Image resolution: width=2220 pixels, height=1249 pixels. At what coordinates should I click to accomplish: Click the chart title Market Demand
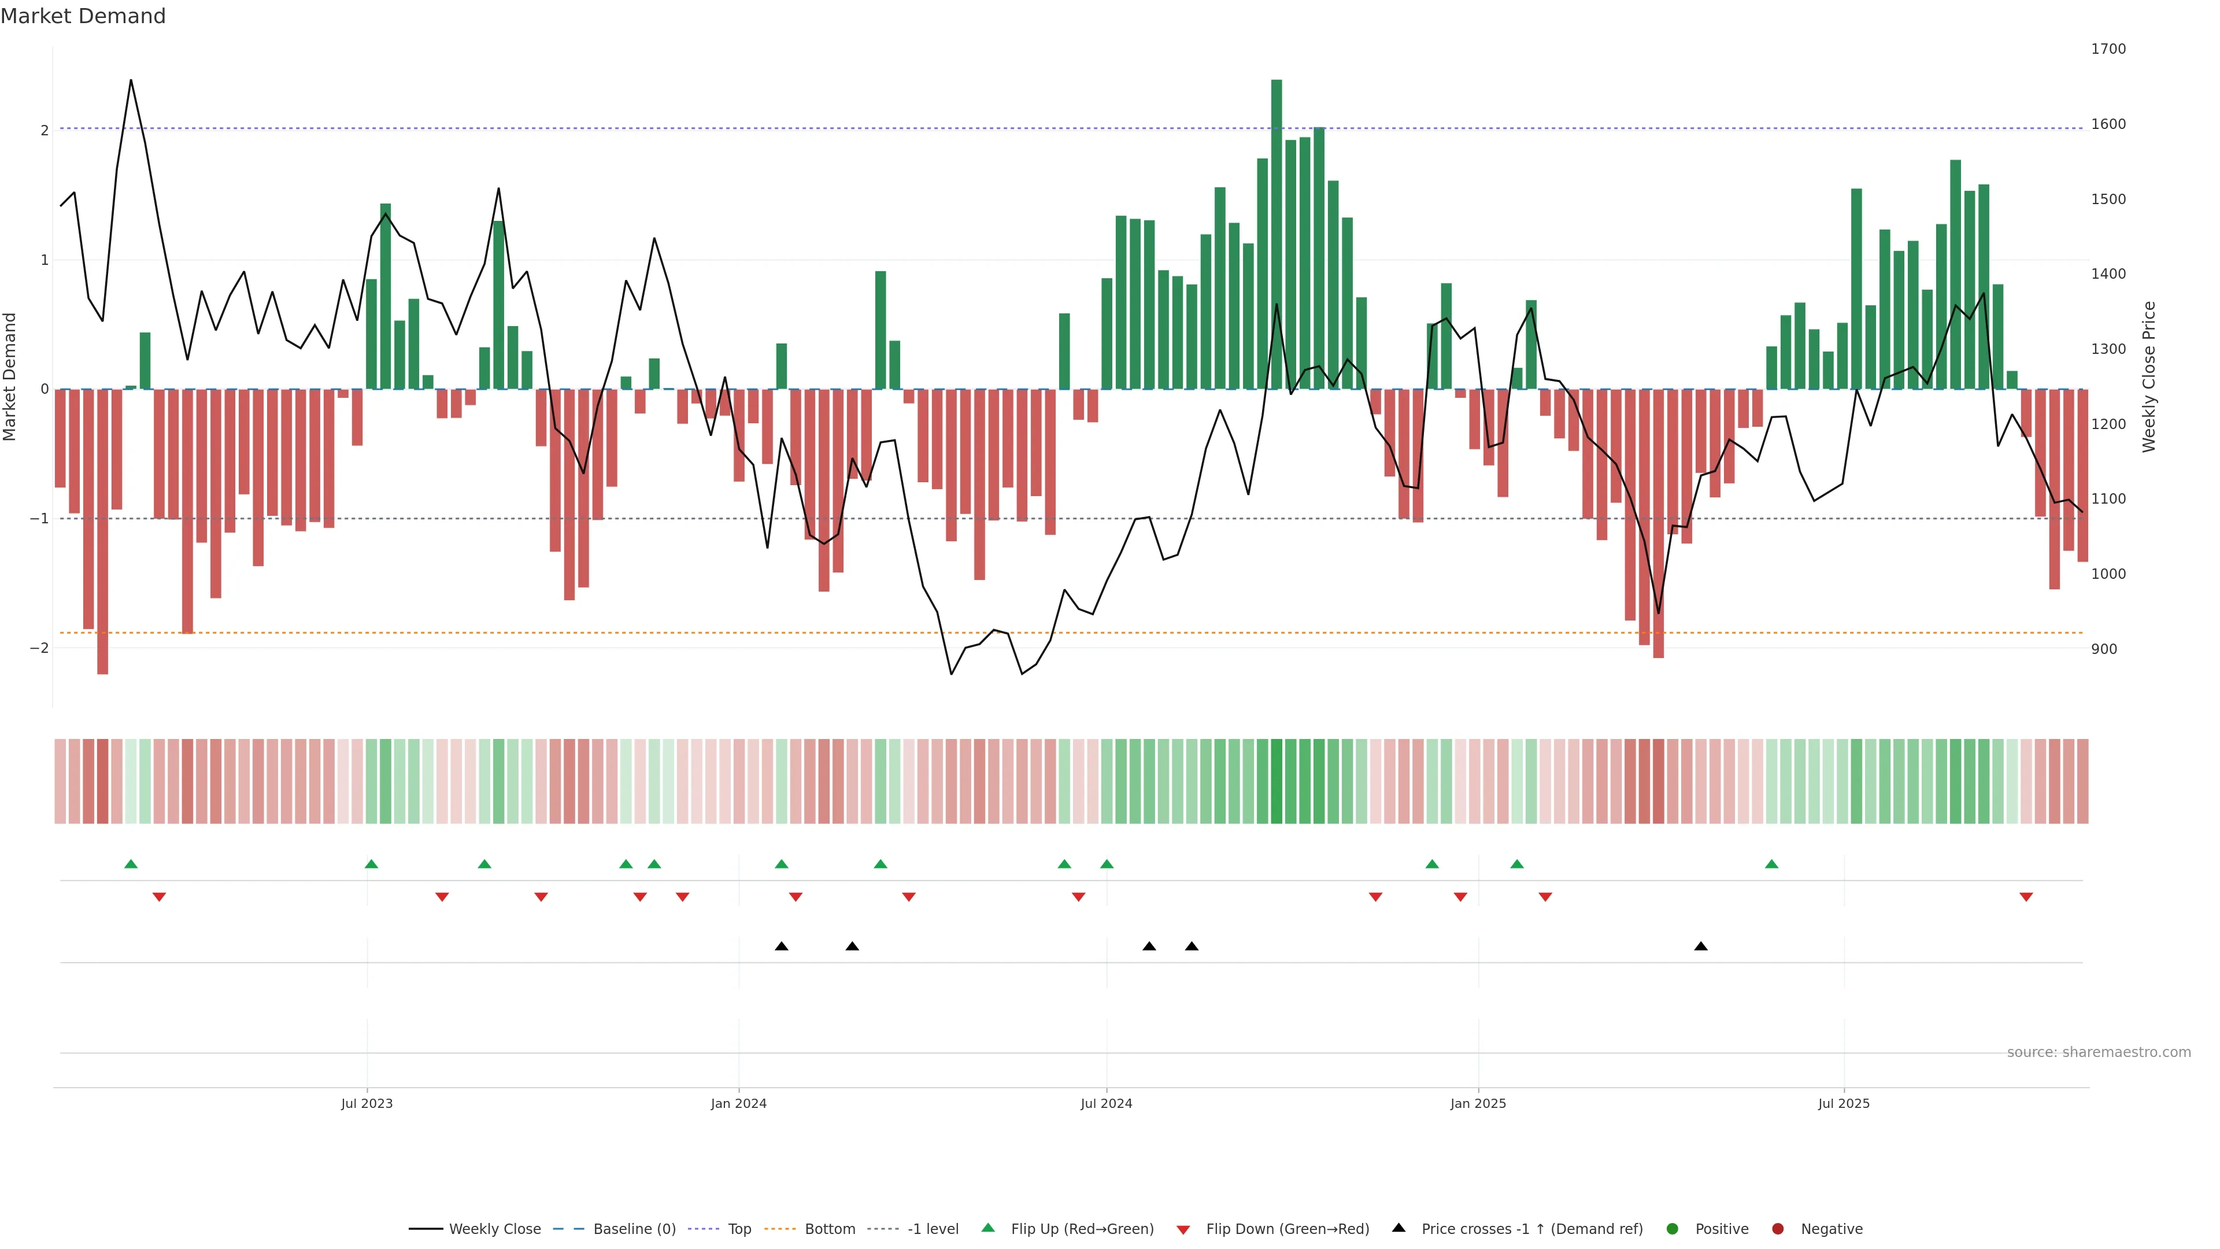point(83,16)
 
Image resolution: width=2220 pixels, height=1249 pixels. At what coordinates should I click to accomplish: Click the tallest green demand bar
point(1276,232)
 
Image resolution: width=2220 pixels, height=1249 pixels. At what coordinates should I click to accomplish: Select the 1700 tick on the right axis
point(2108,49)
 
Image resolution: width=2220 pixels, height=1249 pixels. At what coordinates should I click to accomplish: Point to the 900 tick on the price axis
point(2104,649)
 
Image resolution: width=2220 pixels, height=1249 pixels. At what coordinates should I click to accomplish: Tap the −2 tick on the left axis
point(39,648)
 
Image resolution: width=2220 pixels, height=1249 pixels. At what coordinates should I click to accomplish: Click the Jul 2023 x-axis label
point(367,1103)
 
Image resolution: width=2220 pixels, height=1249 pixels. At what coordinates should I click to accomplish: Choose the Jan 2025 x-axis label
point(1478,1103)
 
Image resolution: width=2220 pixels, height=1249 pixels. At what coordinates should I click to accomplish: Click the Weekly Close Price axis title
point(2149,376)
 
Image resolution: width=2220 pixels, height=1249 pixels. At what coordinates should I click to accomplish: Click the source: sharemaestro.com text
point(2099,1052)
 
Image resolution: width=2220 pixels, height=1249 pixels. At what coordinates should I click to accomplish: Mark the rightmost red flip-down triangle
point(2026,897)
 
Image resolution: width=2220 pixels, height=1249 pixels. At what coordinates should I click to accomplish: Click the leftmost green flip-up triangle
point(131,864)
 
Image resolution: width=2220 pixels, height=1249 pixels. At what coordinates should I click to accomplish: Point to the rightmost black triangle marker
point(1700,947)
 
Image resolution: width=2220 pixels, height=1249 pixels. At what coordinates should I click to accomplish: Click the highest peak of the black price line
point(131,81)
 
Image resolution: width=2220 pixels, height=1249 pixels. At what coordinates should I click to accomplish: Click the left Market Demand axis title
point(10,376)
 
